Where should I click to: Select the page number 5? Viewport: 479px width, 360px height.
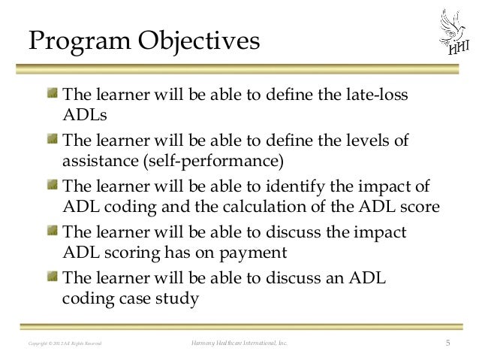click(x=447, y=344)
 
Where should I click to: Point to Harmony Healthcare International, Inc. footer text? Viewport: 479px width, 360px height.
click(x=239, y=344)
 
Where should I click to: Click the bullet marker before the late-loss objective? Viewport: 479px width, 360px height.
click(x=51, y=95)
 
